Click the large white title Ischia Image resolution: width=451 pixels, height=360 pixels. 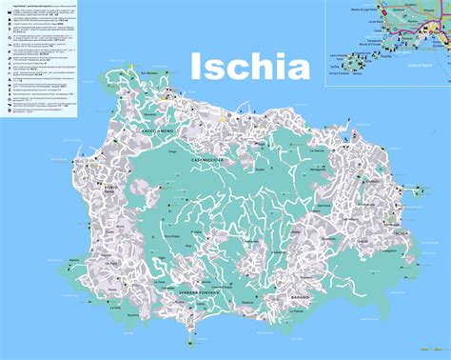click(x=250, y=68)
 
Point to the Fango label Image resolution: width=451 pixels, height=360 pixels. click(x=172, y=151)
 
